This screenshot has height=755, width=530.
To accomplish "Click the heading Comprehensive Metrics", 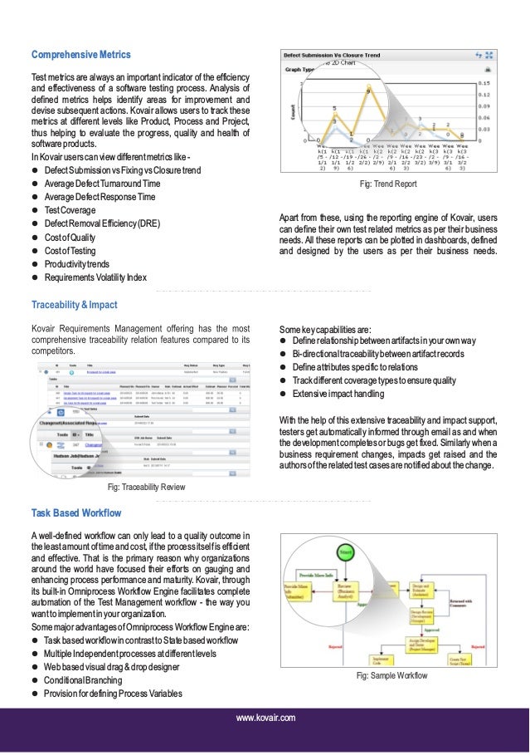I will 81,55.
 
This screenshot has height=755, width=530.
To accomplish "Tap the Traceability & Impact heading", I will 74,305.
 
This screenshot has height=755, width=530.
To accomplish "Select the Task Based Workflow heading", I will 76,512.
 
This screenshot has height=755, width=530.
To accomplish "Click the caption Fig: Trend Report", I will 387,184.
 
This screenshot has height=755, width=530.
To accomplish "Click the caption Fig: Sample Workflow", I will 391,676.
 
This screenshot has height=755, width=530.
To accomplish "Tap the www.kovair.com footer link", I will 265,718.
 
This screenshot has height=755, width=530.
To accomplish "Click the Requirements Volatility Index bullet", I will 95,277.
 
